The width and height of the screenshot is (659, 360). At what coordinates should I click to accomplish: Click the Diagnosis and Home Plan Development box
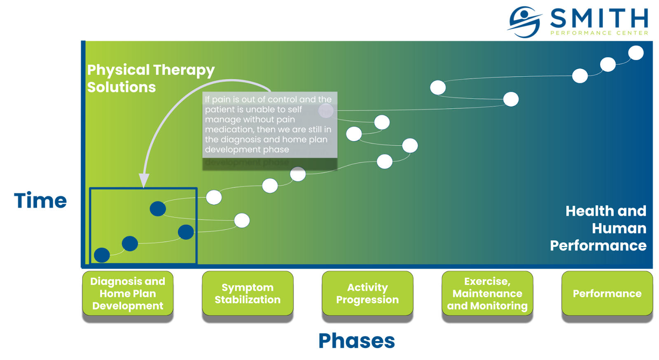pos(128,293)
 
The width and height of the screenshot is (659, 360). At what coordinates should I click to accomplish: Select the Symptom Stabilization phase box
pos(248,293)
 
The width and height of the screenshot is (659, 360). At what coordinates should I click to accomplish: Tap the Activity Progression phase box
pos(367,293)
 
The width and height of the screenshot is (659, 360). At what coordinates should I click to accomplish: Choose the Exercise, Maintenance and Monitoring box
pos(487,293)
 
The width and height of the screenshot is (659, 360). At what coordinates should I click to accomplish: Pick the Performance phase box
pos(607,293)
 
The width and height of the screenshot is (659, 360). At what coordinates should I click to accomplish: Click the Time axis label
pos(40,201)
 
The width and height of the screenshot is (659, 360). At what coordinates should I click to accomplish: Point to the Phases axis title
pos(357,341)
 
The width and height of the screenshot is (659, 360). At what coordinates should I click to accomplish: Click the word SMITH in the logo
pos(599,19)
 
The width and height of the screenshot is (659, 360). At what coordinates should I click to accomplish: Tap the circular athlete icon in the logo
pos(524,21)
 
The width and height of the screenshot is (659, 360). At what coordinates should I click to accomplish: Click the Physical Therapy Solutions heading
pos(150,78)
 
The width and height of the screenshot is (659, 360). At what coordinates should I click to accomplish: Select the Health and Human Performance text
pos(598,228)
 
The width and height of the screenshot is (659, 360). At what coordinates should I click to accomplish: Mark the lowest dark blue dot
pos(102,255)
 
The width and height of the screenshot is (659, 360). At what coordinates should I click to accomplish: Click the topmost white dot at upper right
pos(636,53)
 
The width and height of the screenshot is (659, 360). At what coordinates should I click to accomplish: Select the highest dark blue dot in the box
pos(158,209)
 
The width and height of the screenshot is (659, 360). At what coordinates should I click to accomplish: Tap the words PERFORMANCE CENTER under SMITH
pos(599,33)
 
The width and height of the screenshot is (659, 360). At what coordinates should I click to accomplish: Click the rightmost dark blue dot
pos(186,232)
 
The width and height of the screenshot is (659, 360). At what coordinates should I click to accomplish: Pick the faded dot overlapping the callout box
pos(326,110)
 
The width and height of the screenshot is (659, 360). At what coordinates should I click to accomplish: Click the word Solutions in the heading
pos(122,87)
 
